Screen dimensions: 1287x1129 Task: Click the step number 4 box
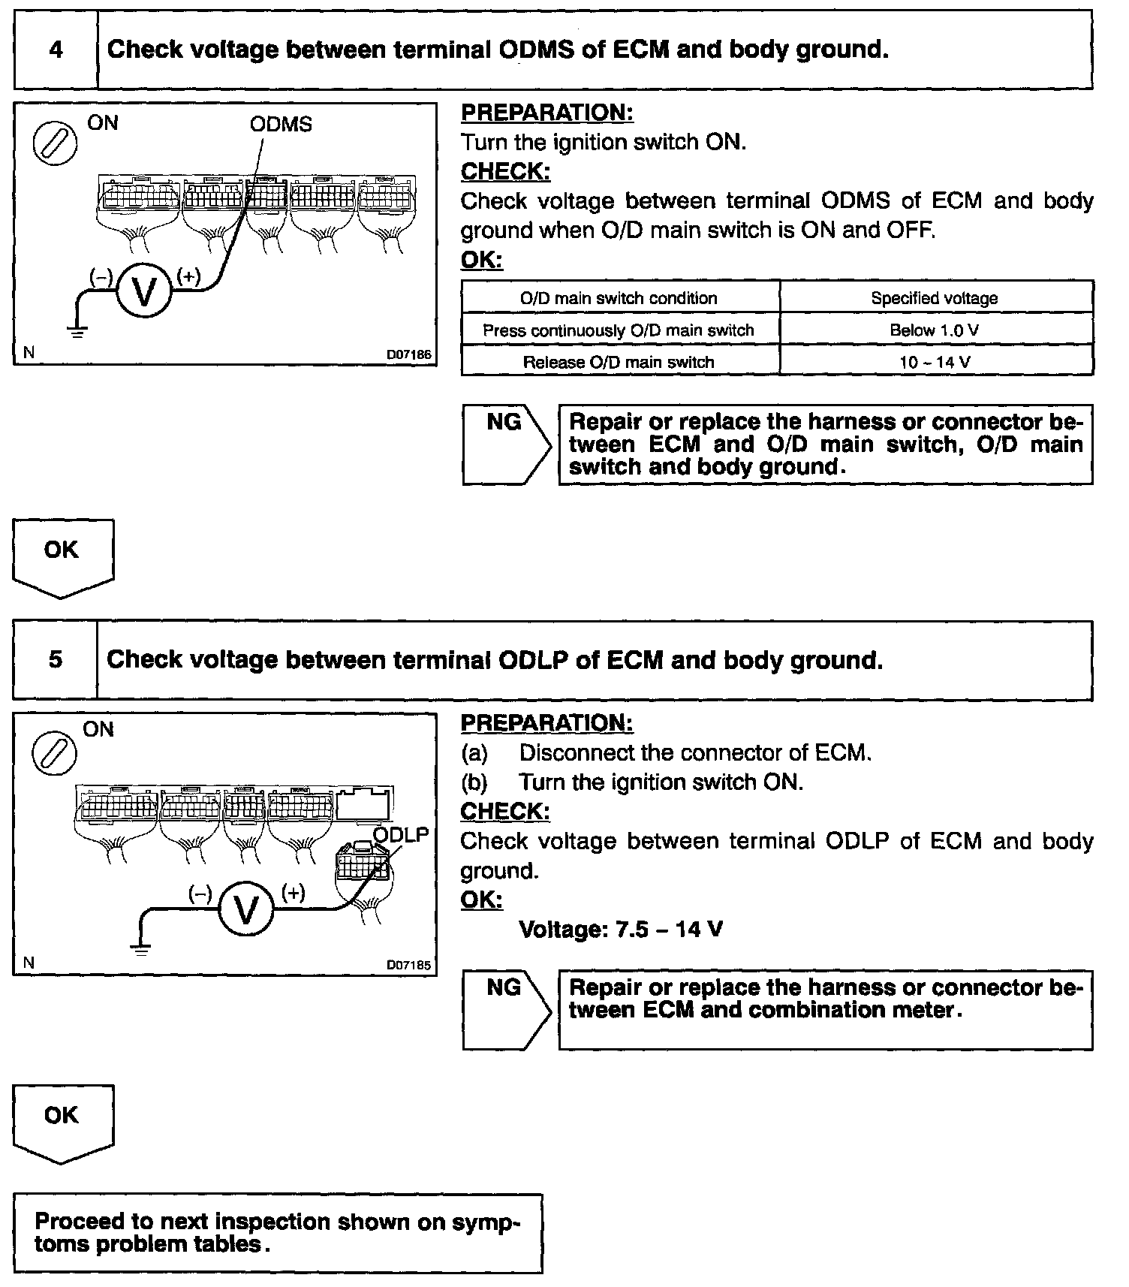56,50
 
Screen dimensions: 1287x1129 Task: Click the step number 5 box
56,660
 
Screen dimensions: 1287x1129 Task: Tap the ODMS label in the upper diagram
281,125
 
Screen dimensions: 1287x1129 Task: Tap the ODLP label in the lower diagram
401,835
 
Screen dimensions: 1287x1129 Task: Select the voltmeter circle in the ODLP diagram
245,909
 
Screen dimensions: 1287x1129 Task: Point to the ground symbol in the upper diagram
77,330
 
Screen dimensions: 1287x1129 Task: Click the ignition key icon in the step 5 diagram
54,754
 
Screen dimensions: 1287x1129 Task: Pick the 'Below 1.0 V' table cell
935,330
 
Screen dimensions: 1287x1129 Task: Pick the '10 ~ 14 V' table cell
935,362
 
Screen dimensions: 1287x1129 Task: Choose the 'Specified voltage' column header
935,298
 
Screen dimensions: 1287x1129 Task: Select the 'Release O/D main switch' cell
619,362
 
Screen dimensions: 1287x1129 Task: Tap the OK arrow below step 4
62,557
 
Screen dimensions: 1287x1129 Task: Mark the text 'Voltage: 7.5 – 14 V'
621,930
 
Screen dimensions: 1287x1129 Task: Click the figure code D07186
408,354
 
